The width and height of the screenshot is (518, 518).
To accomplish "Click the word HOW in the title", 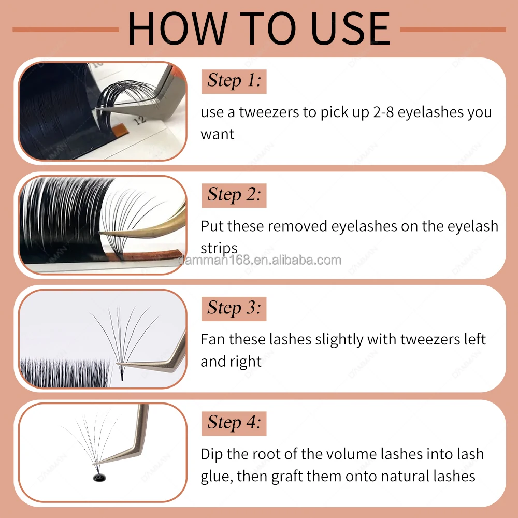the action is [x=178, y=28].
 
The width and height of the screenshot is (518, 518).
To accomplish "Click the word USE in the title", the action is [x=350, y=28].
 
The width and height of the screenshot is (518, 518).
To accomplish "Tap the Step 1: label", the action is [x=234, y=81].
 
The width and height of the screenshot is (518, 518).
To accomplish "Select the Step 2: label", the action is [x=234, y=195].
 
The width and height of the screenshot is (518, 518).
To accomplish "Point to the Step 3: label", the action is [x=234, y=309].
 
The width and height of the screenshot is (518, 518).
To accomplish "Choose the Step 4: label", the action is [x=234, y=423].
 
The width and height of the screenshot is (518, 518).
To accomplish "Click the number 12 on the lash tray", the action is [x=140, y=120].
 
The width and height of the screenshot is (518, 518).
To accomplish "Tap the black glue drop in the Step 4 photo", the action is [x=99, y=477].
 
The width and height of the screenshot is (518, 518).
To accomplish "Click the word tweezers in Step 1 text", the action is [x=269, y=112].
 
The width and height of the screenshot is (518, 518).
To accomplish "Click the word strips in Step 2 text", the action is [x=219, y=249].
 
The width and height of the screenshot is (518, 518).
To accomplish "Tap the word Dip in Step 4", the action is [x=212, y=454].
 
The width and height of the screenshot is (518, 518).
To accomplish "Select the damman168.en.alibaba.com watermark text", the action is [x=260, y=261].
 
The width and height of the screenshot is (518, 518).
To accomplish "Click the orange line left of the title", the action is [x=65, y=30].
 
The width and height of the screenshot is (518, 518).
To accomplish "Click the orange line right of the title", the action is [x=453, y=30].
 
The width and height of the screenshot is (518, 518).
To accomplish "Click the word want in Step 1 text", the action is [x=218, y=135].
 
